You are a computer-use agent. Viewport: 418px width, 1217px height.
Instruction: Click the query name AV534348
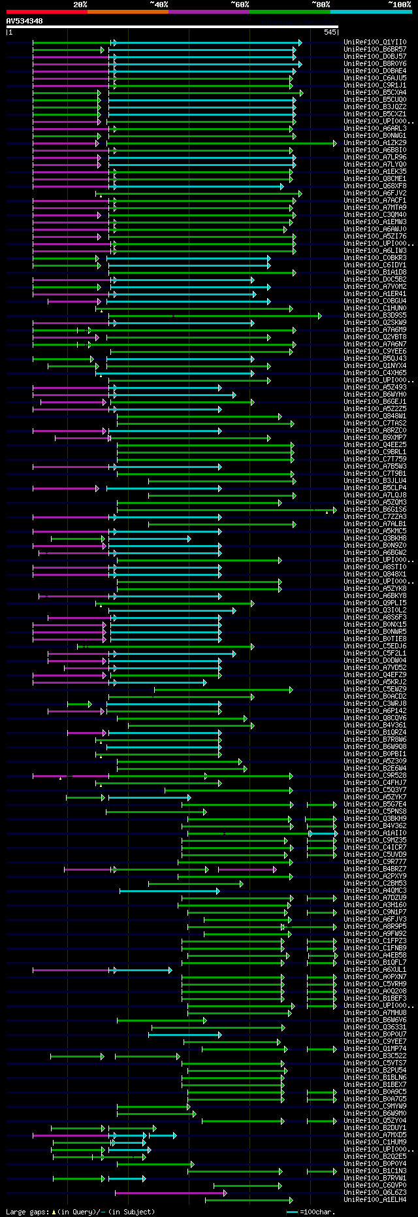click(x=25, y=21)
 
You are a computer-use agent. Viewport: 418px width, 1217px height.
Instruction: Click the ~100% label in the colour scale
click(x=399, y=5)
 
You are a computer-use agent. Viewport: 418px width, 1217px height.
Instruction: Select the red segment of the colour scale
click(x=46, y=12)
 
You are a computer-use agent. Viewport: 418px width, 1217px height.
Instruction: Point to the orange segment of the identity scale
click(x=127, y=12)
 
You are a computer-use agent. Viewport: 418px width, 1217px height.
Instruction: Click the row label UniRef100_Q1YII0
click(x=375, y=42)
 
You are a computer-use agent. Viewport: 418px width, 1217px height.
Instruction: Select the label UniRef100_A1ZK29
click(x=375, y=143)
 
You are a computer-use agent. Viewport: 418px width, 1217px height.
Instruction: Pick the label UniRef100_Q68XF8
click(x=375, y=186)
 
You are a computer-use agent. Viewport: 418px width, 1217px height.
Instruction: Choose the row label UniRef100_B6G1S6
click(x=375, y=510)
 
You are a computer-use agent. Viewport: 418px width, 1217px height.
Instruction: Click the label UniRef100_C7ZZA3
click(x=375, y=517)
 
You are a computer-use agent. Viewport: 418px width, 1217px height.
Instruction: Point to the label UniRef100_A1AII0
click(x=375, y=833)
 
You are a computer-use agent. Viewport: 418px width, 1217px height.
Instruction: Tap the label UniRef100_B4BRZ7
click(x=375, y=869)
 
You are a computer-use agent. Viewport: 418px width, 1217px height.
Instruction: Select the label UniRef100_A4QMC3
click(x=375, y=891)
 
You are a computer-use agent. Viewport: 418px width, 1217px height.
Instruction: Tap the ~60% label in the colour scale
click(x=240, y=5)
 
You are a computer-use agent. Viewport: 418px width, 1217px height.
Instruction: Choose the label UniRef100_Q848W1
click(x=375, y=416)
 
